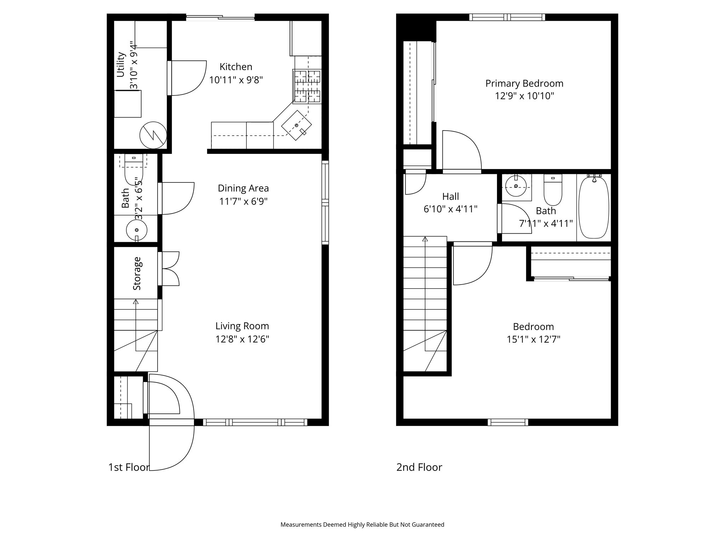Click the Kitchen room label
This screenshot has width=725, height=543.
click(236, 66)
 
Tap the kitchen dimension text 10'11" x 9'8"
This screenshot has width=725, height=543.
click(236, 80)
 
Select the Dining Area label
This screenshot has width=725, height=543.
click(243, 188)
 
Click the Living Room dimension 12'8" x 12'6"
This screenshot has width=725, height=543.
click(242, 339)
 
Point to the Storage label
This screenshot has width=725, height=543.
click(137, 273)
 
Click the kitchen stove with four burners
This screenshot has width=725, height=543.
click(307, 86)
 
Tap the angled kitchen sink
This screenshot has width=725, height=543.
click(297, 125)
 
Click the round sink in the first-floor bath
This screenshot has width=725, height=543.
click(137, 230)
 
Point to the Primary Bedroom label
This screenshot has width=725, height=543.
click(524, 83)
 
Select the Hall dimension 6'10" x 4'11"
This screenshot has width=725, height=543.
click(450, 209)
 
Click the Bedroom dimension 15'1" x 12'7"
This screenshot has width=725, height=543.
click(533, 339)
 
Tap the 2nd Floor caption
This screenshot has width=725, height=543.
click(419, 467)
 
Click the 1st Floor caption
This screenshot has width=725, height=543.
click(129, 467)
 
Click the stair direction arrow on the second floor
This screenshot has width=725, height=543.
click(425, 239)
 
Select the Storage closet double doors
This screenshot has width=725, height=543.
click(171, 269)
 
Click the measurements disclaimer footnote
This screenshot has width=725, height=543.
click(362, 525)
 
